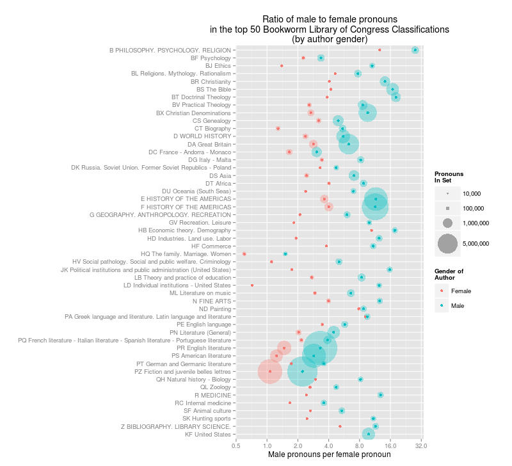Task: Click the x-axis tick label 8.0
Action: (360, 445)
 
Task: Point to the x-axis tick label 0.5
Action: (236, 445)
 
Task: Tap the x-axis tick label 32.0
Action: (421, 445)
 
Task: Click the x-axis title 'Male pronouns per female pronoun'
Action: (329, 454)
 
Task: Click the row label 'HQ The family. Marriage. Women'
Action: (186, 253)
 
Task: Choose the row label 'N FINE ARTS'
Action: (212, 301)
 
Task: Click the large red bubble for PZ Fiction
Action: (269, 371)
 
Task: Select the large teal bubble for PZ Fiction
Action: (303, 371)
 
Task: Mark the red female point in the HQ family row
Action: (244, 254)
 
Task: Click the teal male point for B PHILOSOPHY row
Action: (415, 49)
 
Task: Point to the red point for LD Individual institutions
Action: (252, 285)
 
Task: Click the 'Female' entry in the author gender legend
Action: (461, 291)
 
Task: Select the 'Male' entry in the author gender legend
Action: (458, 306)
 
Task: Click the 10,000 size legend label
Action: (472, 193)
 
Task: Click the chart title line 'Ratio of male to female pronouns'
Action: (329, 20)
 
